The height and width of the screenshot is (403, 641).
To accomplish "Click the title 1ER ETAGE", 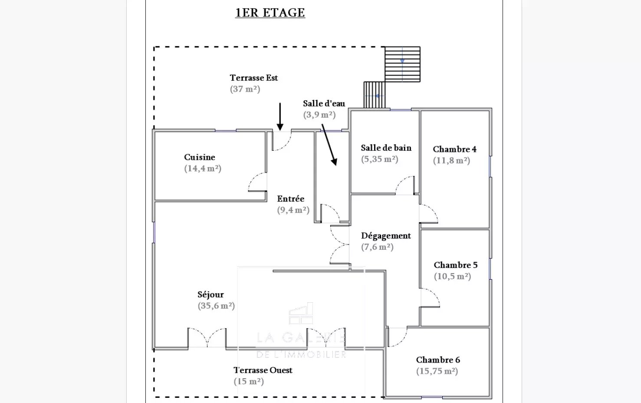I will click(270, 13).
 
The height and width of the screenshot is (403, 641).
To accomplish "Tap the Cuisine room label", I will click(199, 157).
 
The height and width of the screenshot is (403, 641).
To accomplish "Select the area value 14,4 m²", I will click(203, 168).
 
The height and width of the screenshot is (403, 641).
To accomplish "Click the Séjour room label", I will click(210, 294).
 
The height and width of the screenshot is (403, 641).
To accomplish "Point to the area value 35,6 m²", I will click(216, 306).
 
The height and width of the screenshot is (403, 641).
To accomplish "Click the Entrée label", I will click(290, 199).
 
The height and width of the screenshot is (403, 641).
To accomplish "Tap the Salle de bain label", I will click(386, 148).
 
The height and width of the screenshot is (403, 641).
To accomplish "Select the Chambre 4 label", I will click(454, 149).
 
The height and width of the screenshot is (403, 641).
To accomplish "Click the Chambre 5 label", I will click(455, 265).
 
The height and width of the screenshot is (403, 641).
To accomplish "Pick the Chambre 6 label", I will click(437, 360).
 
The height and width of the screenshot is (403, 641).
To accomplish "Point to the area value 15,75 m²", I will click(437, 371).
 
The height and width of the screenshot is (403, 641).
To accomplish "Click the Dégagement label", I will click(386, 236).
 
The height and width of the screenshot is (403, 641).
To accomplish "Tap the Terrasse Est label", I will click(253, 78).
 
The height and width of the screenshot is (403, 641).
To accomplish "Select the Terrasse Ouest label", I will click(263, 370).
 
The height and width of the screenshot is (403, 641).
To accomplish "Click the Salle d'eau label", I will click(324, 103).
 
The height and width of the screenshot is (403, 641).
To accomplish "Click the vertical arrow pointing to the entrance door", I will click(280, 116).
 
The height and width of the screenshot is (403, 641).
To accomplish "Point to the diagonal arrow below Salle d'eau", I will click(329, 145).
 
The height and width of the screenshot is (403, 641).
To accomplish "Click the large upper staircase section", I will click(402, 64).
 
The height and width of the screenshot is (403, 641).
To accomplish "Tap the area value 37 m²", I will click(245, 89).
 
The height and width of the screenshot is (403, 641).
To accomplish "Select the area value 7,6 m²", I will click(377, 247).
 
